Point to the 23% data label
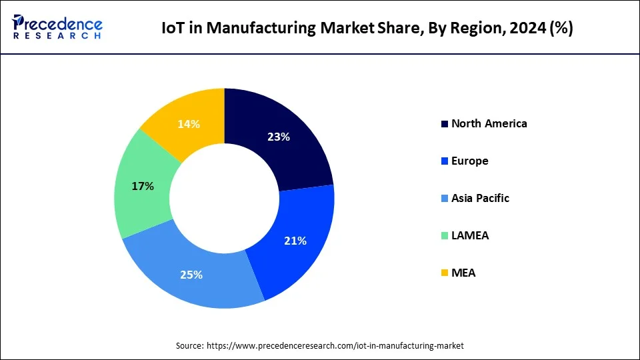[278, 137]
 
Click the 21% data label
[295, 241]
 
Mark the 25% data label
[191, 274]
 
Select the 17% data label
[143, 187]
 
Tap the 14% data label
[189, 123]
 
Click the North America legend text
[489, 123]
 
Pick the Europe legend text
[469, 161]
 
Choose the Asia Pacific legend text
[480, 198]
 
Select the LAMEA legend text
[469, 235]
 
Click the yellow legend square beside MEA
[445, 273]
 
